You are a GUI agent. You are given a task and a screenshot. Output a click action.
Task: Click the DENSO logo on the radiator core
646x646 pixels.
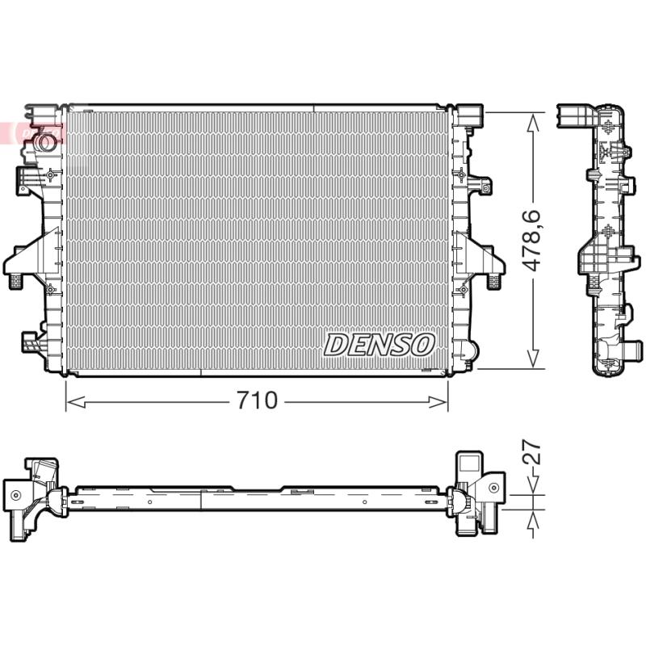coord(379,345)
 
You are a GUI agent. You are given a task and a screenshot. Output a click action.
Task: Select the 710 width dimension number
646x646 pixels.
coord(257,400)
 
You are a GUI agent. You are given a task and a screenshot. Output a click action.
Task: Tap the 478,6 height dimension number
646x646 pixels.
coord(532,241)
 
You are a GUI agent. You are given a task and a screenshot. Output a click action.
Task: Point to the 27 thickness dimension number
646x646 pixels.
coord(532,452)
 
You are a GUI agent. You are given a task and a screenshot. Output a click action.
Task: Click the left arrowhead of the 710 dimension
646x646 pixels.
coord(76,401)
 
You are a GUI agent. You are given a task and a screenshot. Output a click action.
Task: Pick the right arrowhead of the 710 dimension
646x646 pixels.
coord(438,401)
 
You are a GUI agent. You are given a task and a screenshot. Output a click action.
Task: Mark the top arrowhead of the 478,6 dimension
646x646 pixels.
coord(533,122)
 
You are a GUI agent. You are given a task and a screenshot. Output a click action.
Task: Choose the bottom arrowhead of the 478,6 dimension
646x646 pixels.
coord(533,359)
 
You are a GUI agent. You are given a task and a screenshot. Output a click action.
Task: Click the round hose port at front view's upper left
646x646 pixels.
coord(44,142)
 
